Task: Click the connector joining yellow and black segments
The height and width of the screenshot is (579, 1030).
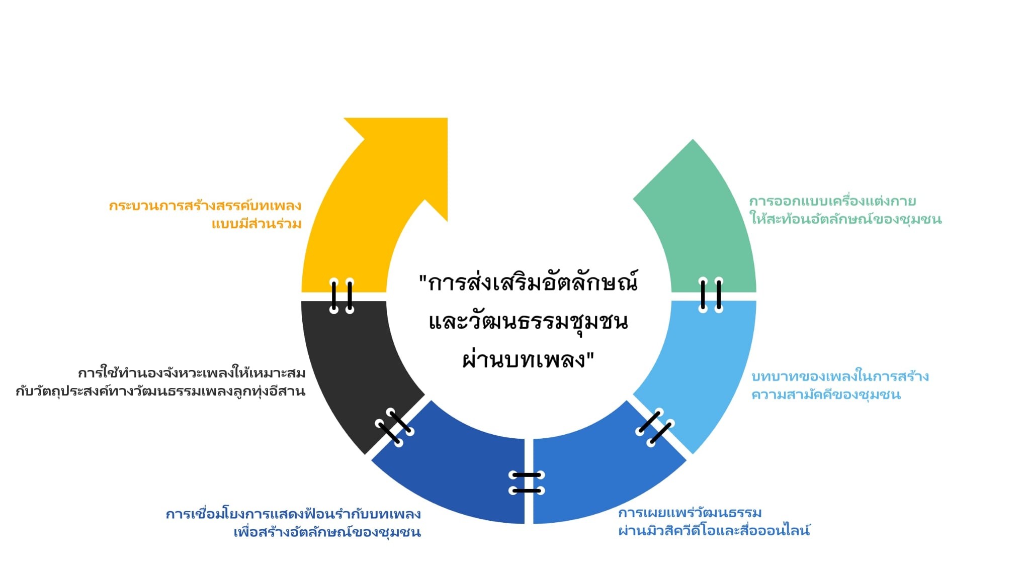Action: [x=342, y=296]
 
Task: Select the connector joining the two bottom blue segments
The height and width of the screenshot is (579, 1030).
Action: [x=527, y=482]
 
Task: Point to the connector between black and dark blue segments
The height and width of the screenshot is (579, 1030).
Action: [x=395, y=427]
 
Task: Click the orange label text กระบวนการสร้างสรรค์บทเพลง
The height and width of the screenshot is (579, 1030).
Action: [x=205, y=206]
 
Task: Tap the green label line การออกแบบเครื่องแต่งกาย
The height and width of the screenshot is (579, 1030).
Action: [x=832, y=202]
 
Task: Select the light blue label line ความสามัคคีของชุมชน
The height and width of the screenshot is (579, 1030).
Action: [x=826, y=394]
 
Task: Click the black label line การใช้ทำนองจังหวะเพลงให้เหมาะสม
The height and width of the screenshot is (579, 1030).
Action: [x=192, y=373]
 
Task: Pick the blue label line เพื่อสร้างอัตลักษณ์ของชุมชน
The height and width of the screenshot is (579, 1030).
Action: [x=327, y=532]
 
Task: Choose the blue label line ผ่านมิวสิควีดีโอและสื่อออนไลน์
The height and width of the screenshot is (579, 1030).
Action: [x=714, y=530]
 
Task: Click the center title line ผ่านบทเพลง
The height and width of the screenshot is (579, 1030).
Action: [x=528, y=360]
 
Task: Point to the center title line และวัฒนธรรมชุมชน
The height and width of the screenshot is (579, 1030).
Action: [x=528, y=322]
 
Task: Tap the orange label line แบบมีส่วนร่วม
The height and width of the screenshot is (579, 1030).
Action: [x=256, y=224]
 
